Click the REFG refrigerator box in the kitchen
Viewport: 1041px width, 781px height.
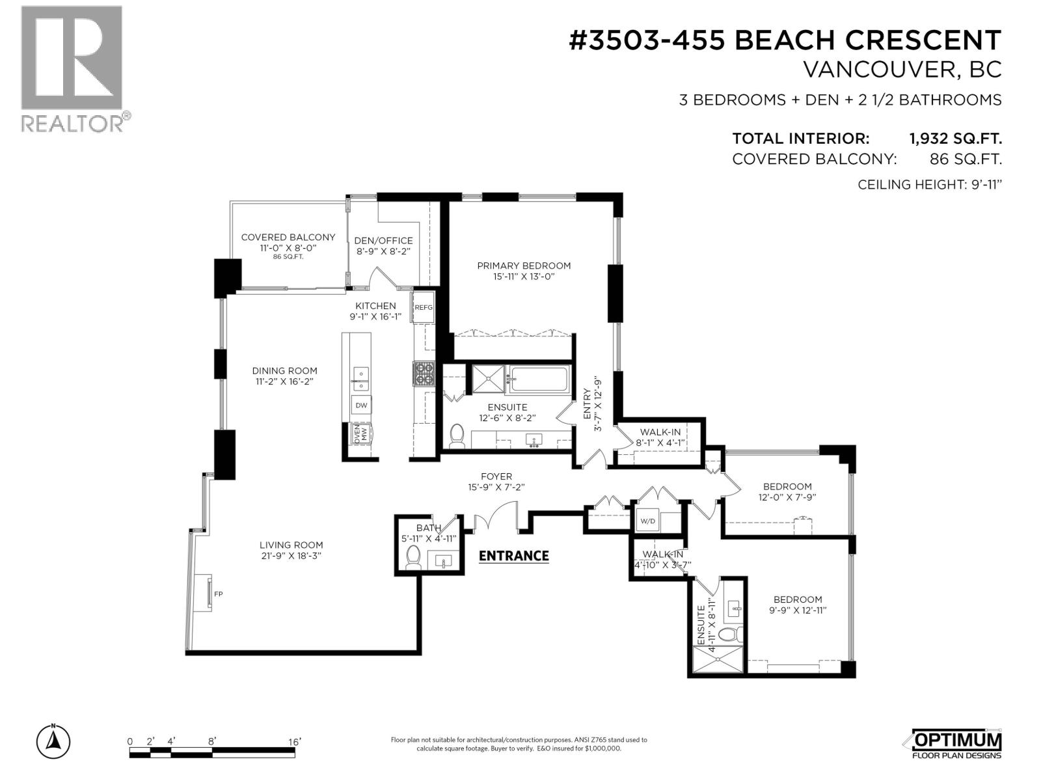click(x=423, y=307)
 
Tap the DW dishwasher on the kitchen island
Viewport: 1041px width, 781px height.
click(x=361, y=405)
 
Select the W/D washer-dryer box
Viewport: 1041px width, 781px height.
click(x=647, y=521)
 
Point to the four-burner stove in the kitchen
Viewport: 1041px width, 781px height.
click(x=424, y=373)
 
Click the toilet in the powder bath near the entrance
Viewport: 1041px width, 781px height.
click(x=414, y=557)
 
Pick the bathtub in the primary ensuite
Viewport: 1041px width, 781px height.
click(x=538, y=379)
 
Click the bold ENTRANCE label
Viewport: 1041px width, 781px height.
click(x=513, y=556)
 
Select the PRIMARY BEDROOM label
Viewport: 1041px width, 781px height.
click(x=524, y=266)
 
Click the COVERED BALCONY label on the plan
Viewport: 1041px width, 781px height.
click(x=288, y=237)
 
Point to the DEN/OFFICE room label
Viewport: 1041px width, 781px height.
click(x=383, y=240)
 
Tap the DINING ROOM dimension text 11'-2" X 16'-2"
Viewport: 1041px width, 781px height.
click(x=284, y=381)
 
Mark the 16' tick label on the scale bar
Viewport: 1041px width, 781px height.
click(x=294, y=742)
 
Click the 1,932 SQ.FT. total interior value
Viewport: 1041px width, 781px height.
click(x=955, y=139)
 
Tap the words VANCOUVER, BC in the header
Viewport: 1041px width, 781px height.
click(x=902, y=70)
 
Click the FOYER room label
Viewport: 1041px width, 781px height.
click(x=496, y=476)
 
